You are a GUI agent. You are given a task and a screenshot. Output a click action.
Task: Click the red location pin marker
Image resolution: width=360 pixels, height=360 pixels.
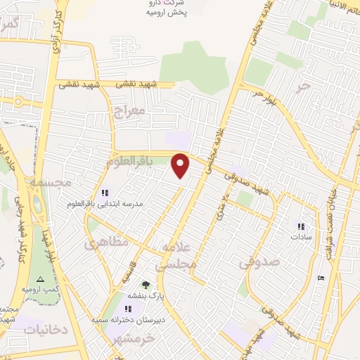pos(181,165)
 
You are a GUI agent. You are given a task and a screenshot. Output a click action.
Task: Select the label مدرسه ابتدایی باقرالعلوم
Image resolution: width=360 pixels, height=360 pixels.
pos(105,203)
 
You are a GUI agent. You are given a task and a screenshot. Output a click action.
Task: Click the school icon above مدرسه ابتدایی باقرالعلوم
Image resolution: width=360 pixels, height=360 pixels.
pos(105,193)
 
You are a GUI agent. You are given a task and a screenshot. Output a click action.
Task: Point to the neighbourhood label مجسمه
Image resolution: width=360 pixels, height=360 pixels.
pos(49,182)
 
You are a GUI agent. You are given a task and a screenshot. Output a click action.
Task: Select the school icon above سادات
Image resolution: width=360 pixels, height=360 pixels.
pos(302,226)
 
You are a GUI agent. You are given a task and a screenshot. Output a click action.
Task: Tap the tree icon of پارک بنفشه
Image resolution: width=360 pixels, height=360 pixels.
pos(146,285)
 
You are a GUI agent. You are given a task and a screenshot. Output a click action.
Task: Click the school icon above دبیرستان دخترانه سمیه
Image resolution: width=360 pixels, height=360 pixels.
pos(129,309)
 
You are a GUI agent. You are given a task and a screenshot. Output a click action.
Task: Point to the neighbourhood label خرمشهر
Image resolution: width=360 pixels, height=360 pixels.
pos(127,340)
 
